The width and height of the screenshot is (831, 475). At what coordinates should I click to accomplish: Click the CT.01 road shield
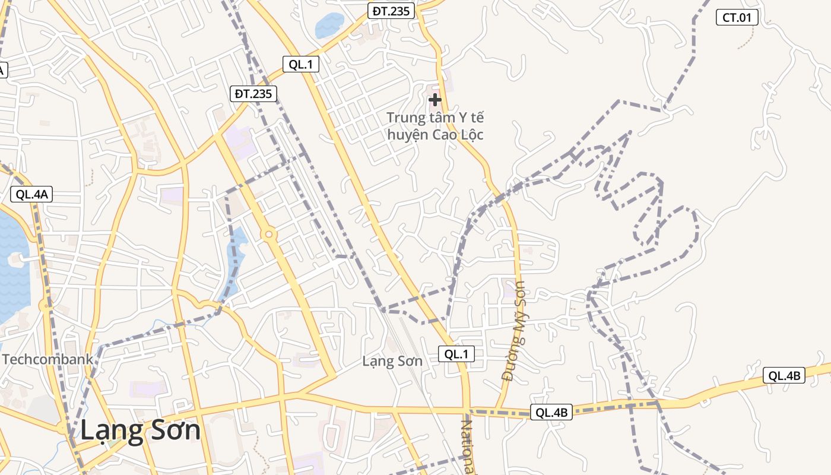[x=737, y=18]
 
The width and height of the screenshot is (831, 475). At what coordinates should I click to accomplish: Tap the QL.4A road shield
[x=32, y=194]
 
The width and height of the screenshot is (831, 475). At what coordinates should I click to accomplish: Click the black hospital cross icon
[x=435, y=100]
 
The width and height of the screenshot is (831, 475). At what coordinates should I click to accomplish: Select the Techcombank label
[x=47, y=359]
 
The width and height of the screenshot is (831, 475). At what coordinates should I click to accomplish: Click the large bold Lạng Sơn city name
[x=140, y=430]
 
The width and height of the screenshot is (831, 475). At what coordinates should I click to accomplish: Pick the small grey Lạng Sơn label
[x=392, y=361]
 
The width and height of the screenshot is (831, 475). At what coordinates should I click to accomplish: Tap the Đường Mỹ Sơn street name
[x=513, y=331]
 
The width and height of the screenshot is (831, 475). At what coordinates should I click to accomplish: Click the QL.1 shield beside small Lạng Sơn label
[x=456, y=354]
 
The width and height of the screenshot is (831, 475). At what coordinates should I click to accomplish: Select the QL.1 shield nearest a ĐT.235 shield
[x=300, y=64]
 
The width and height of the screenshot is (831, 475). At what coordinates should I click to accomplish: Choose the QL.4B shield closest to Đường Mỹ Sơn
[x=551, y=412]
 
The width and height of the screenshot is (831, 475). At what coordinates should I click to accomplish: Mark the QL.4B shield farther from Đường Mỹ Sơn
[x=784, y=375]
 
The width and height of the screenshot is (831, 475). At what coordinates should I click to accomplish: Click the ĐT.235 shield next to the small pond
[x=391, y=11]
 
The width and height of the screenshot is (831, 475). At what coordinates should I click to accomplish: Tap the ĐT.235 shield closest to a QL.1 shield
[x=253, y=93]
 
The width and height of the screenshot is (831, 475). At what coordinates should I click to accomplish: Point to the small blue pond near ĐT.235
[x=329, y=26]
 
